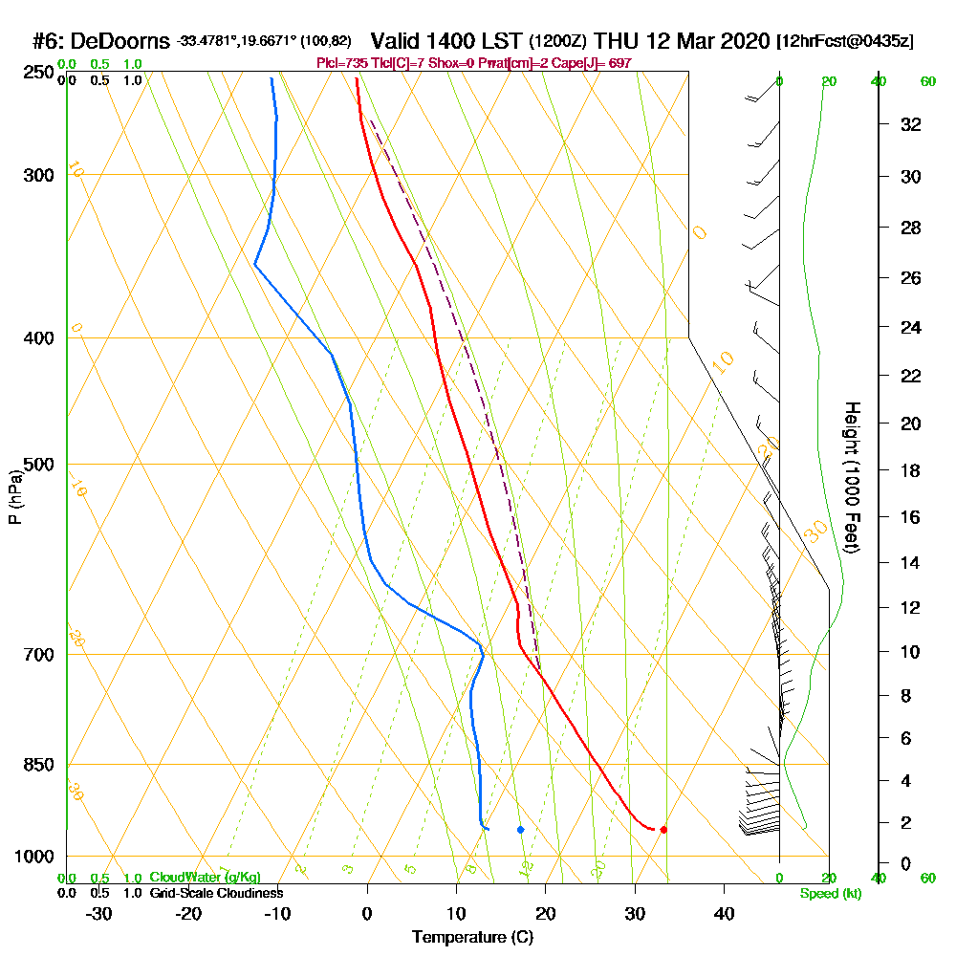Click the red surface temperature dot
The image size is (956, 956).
point(663,830)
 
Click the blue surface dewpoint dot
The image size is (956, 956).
point(520,830)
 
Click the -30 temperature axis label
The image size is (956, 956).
point(98,914)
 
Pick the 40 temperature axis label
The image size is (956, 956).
point(724,914)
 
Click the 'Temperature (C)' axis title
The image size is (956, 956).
point(472,937)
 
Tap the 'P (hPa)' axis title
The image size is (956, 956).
point(14,497)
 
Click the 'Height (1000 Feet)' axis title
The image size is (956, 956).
point(852,477)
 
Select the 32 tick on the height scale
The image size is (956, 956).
point(911,124)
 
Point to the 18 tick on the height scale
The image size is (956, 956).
point(911,470)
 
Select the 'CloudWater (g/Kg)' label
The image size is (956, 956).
point(205,878)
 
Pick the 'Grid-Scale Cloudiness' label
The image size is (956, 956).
point(215,893)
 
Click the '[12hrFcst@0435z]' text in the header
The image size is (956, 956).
point(845,42)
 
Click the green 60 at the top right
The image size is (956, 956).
point(927,81)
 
